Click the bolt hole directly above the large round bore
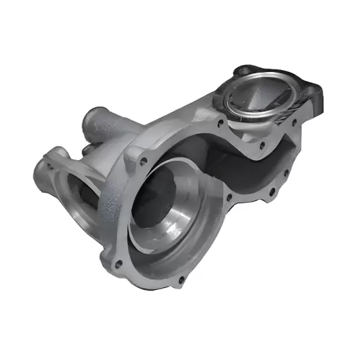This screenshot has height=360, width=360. point(143,161)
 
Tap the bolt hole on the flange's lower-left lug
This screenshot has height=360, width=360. point(118,262)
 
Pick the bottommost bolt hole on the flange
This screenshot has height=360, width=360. point(181,279)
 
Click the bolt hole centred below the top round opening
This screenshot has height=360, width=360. point(262,144)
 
